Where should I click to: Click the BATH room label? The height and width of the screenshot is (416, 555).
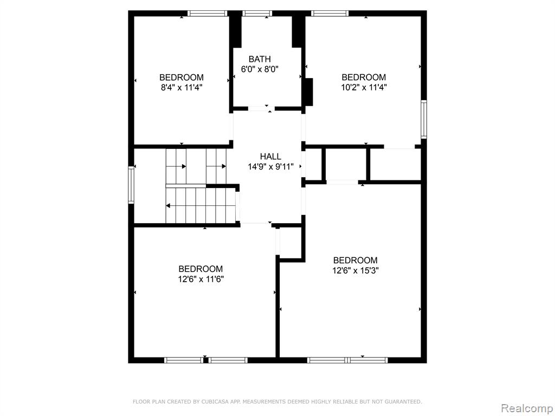coord(260,59)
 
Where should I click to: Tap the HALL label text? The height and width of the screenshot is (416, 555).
coord(271,157)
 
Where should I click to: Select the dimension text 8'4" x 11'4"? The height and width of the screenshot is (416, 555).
coord(182,87)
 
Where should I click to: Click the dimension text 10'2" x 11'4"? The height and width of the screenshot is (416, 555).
coord(364,87)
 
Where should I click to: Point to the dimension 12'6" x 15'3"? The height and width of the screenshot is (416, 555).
coord(356,271)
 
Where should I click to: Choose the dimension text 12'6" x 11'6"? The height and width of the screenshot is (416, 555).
coord(201,279)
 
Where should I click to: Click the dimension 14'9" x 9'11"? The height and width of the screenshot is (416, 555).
coord(271,167)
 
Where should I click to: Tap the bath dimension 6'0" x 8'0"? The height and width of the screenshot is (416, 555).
coord(260,69)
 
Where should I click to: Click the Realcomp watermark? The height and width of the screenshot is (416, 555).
coord(527,408)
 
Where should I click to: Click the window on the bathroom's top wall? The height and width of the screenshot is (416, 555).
coord(257,14)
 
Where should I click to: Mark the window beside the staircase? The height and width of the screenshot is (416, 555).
coord(131,185)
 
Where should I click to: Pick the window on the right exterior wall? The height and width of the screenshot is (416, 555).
coord(424,119)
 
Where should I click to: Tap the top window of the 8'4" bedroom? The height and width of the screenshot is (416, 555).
coord(207,14)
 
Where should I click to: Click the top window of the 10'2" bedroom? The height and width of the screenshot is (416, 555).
coord(330,14)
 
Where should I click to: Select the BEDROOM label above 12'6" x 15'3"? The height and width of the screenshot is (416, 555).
coord(356,261)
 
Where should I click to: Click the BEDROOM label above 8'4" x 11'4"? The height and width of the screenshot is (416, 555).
coord(182,77)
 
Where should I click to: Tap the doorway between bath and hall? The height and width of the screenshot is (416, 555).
coord(262,108)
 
